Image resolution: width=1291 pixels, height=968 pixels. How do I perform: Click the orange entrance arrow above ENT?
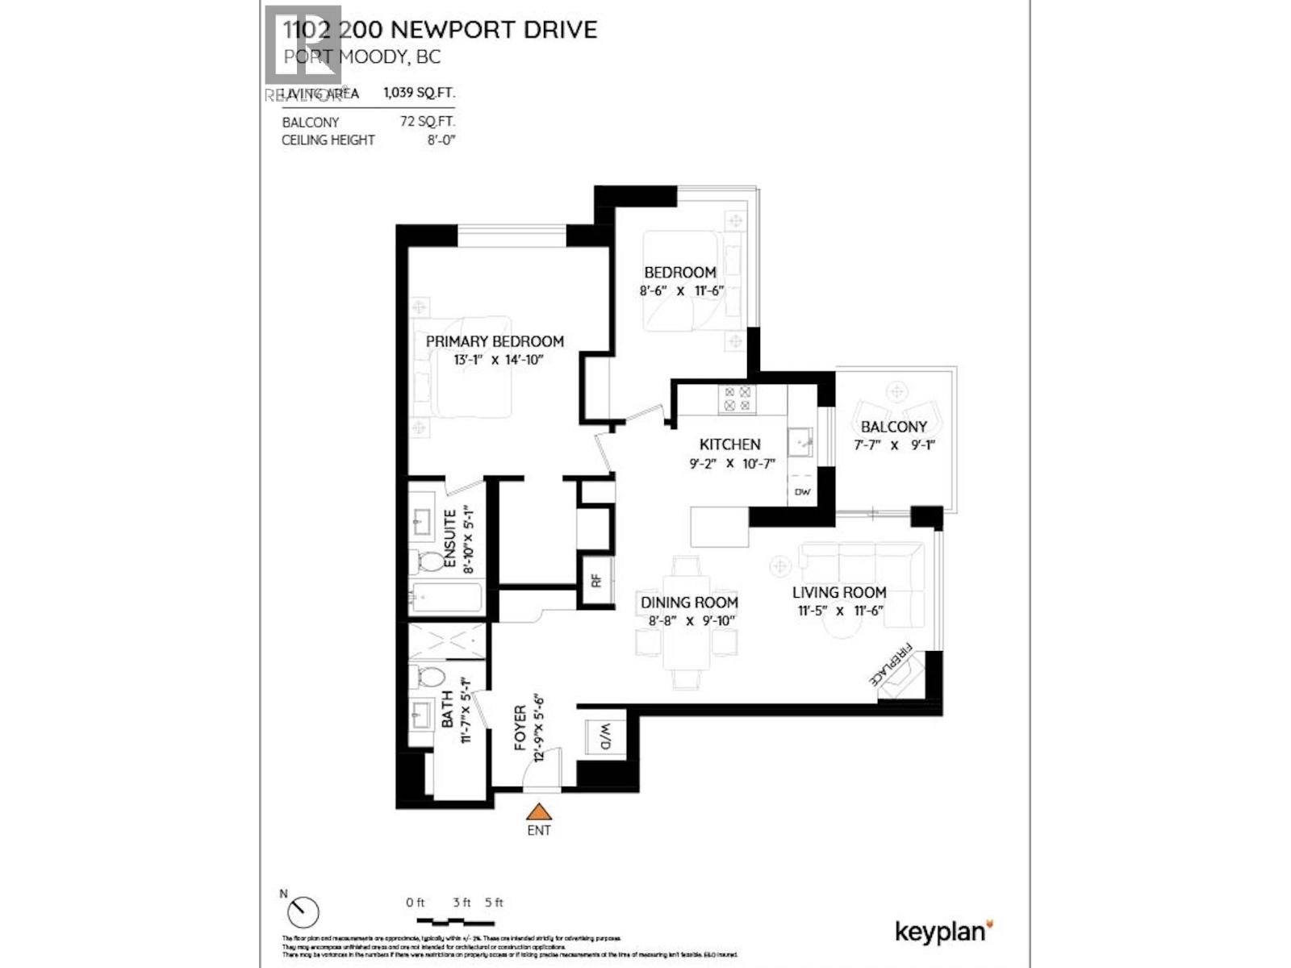538,812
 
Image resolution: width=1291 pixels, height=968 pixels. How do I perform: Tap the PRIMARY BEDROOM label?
495,341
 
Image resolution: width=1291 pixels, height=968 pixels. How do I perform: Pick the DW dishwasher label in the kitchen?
802,492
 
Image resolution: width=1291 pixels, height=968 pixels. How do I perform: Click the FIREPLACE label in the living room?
891,664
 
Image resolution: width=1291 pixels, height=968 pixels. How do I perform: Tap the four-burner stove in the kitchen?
737,398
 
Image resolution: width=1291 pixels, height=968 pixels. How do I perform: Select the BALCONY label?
893,427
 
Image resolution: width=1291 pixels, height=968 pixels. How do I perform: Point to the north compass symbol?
303,912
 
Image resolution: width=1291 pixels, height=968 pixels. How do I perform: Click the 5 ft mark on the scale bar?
494,903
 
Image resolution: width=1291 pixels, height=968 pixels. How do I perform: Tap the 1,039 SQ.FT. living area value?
419,93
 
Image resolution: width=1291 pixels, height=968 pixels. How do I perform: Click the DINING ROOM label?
689,602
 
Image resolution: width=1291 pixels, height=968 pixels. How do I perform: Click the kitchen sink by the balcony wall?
800,440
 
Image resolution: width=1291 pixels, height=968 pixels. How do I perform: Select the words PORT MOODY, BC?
361,56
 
